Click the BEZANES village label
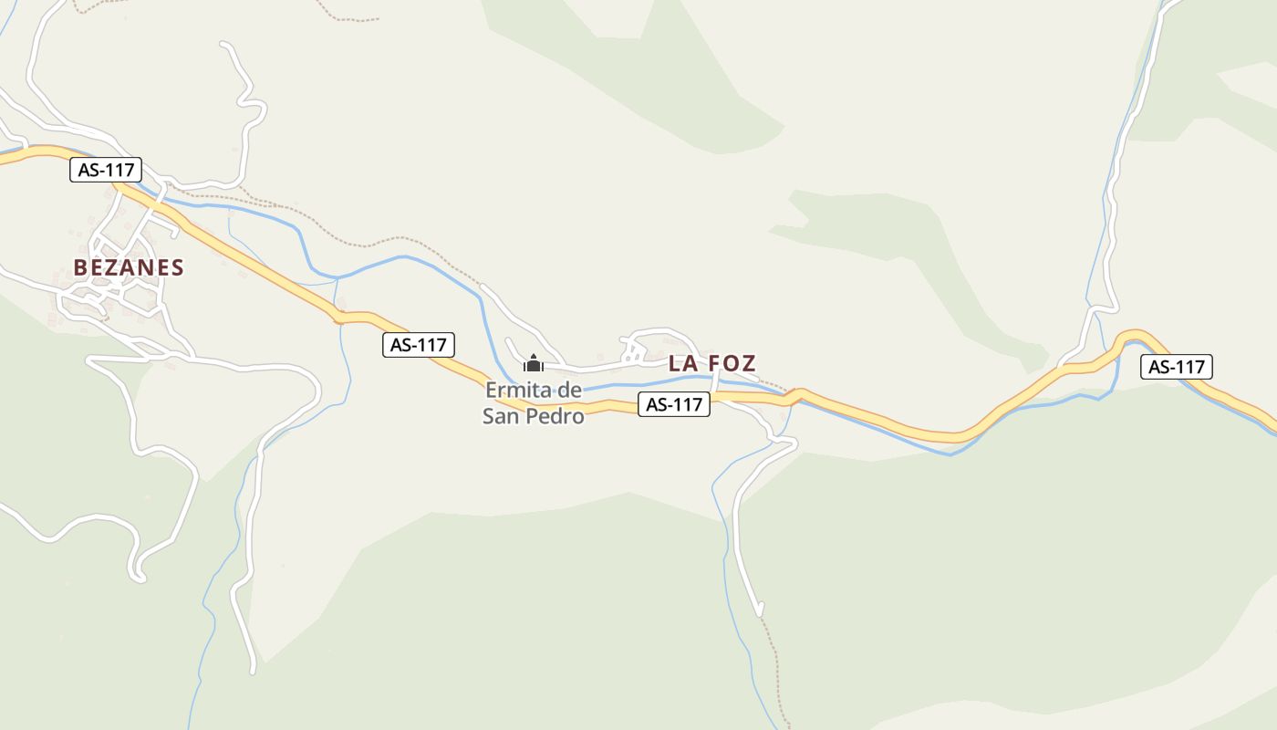coord(129,267)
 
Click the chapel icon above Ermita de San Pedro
coord(534,364)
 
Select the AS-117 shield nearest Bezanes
coord(106,170)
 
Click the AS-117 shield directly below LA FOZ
coord(674,404)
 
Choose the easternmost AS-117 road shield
coord(1177,367)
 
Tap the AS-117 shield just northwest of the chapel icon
coord(419,345)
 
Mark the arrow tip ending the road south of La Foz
coord(759,612)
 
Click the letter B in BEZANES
coord(80,267)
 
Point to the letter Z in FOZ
coord(747,363)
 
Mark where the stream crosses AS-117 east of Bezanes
coord(339,318)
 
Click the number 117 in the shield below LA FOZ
coord(687,404)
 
